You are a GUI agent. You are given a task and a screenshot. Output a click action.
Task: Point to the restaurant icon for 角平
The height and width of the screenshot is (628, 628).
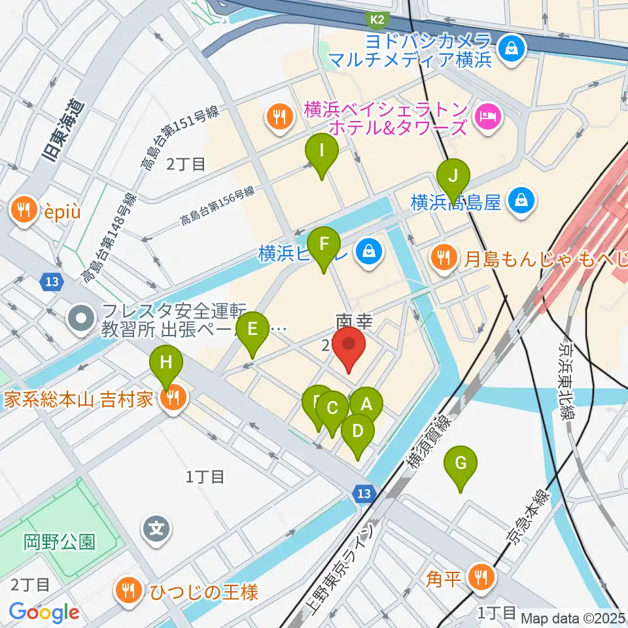tap(483, 576)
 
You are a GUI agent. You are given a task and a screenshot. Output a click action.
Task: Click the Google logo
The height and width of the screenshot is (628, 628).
tap(44, 612)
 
